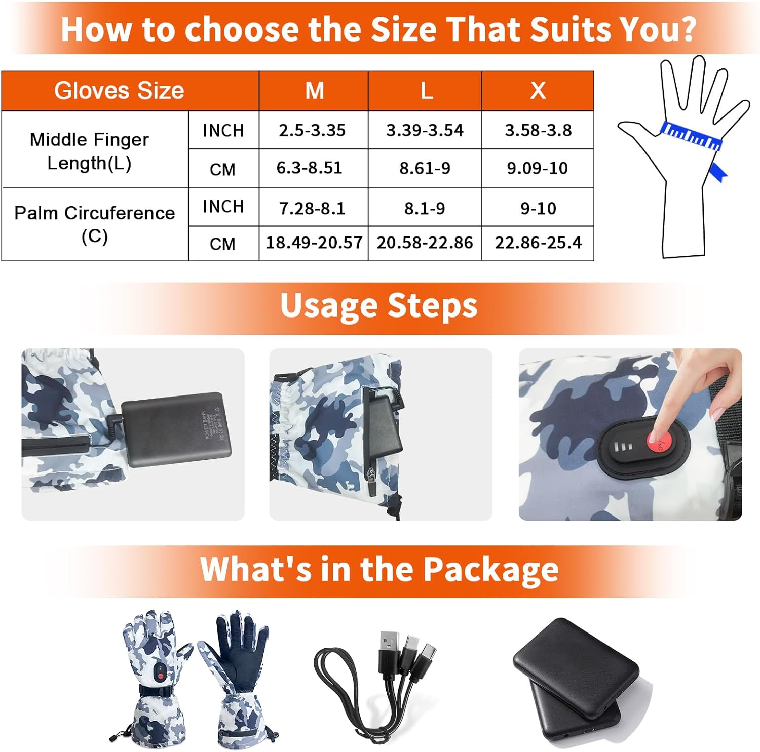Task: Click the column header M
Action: [314, 91]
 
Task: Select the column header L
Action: [426, 91]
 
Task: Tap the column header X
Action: [538, 91]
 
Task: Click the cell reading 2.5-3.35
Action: [312, 130]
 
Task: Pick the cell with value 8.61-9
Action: [425, 168]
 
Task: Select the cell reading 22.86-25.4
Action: [538, 243]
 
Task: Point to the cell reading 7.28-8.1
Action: [312, 208]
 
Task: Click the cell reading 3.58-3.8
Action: [538, 130]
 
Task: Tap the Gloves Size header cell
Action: [119, 91]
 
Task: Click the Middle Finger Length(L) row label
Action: [90, 150]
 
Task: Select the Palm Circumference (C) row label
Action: [95, 224]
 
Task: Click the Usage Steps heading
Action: [379, 306]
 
